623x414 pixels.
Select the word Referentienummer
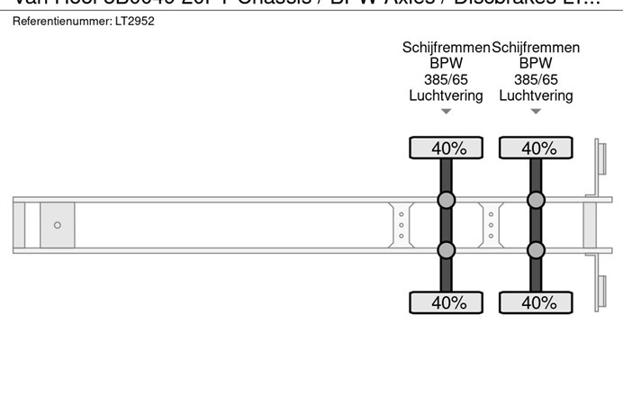point(59,21)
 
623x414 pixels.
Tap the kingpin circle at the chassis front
point(58,225)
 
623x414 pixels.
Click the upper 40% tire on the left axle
point(446,148)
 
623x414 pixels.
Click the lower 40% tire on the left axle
point(446,302)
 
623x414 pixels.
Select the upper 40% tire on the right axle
point(536,148)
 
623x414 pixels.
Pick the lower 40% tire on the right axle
point(536,302)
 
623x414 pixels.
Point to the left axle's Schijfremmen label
point(446,48)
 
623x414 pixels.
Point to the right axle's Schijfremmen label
point(536,48)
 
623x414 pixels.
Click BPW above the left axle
point(446,64)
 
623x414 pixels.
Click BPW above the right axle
point(536,64)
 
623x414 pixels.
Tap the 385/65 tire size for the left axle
point(446,79)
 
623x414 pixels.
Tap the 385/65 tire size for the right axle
point(536,79)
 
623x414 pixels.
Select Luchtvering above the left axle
point(446,95)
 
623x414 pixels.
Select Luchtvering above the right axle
point(536,95)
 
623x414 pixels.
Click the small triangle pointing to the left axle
point(446,112)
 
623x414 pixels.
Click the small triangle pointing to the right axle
point(536,112)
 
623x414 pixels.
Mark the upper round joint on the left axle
point(446,200)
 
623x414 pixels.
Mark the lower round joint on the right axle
point(536,249)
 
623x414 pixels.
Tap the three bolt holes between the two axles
point(491,225)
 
